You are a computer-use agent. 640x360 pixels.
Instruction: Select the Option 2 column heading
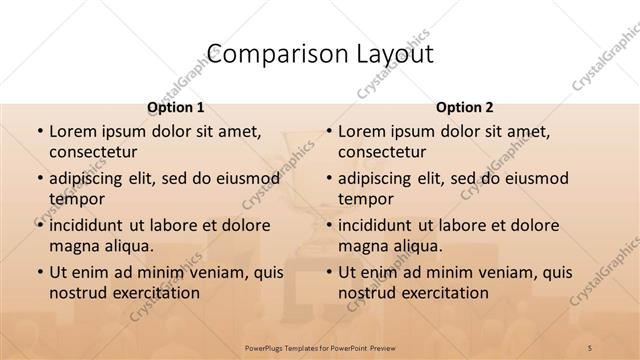tap(464, 107)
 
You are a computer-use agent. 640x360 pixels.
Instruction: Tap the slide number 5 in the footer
tap(590, 346)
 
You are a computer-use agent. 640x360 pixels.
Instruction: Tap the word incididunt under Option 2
tap(376, 225)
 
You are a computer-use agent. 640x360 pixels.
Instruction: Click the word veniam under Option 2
tap(513, 272)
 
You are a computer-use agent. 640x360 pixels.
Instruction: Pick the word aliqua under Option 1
tap(126, 246)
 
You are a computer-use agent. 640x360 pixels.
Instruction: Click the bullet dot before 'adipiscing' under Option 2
tap(327, 178)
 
